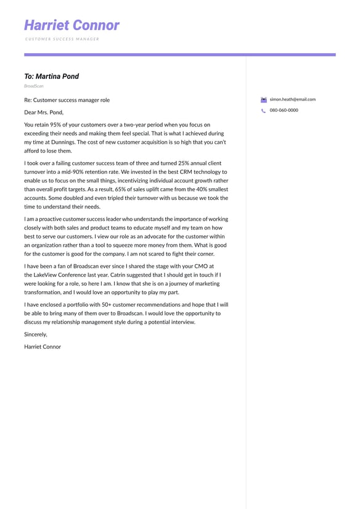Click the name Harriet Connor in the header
pos(72,25)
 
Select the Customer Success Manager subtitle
pos(62,39)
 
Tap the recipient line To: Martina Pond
pos(52,77)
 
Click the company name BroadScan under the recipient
pos(34,86)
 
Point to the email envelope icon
pos(264,99)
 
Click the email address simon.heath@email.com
pos(292,99)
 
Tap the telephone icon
pos(264,110)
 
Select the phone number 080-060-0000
pos(284,110)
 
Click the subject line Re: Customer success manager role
pos(67,100)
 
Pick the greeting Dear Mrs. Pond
pos(44,112)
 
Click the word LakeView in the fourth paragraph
pos(45,275)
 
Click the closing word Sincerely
pos(35,334)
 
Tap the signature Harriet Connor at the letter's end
pos(43,347)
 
